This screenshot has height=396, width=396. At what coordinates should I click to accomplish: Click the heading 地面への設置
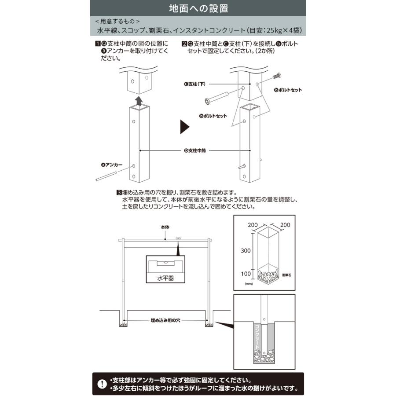tap(198, 8)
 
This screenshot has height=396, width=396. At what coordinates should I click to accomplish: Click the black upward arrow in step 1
tap(139, 101)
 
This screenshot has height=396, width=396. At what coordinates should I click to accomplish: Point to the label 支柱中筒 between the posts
tap(195, 150)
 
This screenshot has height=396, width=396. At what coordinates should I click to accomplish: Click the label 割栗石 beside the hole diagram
tap(287, 275)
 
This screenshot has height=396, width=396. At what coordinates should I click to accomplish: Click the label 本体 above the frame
tap(165, 227)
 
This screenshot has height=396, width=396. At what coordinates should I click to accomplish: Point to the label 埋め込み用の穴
tap(166, 321)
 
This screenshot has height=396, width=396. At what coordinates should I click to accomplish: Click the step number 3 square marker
tap(119, 193)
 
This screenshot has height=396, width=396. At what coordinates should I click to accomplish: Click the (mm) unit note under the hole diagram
tap(249, 285)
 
